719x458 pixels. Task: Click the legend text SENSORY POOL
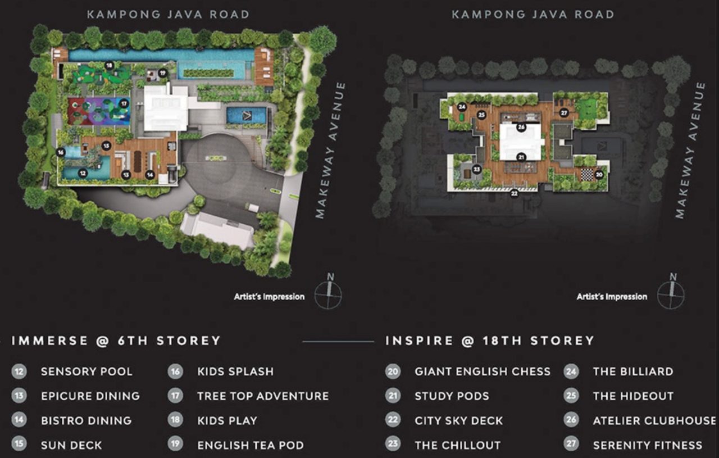tap(87, 371)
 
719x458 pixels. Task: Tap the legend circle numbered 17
tap(176, 396)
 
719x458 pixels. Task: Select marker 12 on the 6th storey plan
tap(83, 174)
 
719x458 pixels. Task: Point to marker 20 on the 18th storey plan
tap(599, 174)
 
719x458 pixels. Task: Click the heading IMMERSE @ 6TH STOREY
tap(116, 341)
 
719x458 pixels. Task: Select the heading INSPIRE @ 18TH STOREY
tap(489, 341)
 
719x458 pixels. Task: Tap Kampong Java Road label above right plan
tap(533, 14)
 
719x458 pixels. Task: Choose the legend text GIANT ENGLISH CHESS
tap(483, 371)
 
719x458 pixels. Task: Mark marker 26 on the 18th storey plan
tap(521, 127)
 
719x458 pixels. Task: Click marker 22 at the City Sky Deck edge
tap(514, 194)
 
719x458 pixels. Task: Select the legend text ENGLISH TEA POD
tap(251, 445)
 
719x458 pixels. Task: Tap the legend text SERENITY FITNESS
tap(647, 445)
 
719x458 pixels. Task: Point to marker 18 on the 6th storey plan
tap(109, 65)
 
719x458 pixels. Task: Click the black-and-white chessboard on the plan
tap(588, 175)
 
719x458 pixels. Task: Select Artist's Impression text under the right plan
tap(612, 297)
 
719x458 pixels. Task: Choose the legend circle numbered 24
tap(571, 371)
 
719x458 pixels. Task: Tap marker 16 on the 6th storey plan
tap(60, 152)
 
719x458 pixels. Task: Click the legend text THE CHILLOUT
tap(457, 445)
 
